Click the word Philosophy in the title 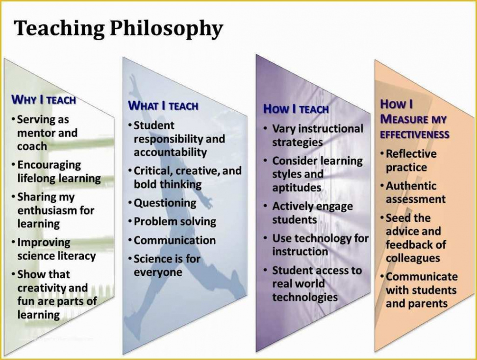(166, 29)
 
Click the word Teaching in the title (60, 28)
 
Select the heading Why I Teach (44, 100)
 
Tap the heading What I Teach (163, 106)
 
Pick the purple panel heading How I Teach (296, 109)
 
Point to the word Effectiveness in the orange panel (415, 134)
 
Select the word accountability (171, 152)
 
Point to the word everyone (158, 272)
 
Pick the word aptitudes (297, 188)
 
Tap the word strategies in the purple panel (298, 143)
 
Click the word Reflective (411, 153)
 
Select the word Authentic (411, 186)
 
